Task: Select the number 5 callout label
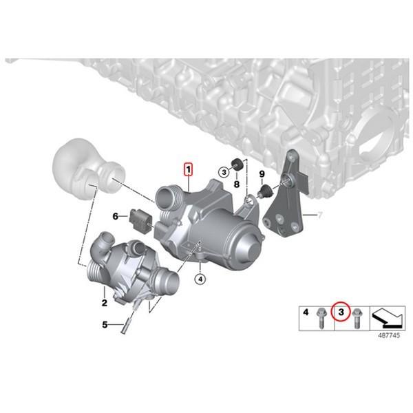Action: (x=105, y=324)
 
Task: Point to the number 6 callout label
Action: (x=116, y=215)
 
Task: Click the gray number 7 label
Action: (x=319, y=215)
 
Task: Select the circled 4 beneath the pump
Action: (x=199, y=279)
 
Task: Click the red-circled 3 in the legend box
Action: (x=339, y=313)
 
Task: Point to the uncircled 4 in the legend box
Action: (x=306, y=313)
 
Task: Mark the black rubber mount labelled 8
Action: (x=235, y=164)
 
